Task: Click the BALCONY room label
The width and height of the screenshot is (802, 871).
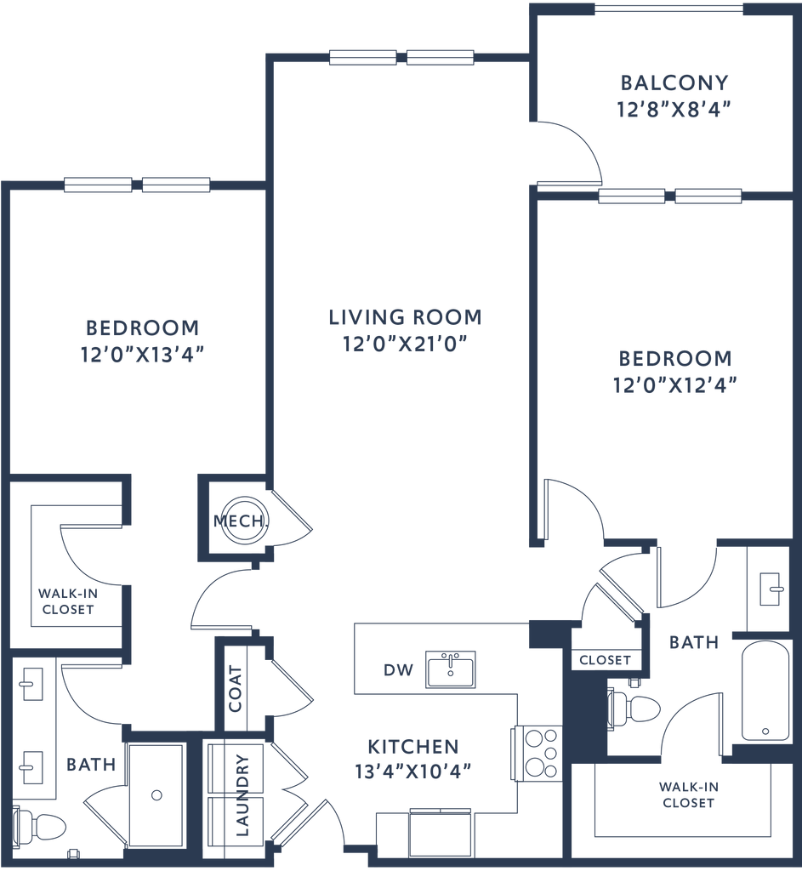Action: pyautogui.click(x=675, y=83)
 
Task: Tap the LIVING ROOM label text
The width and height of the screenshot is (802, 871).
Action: pyautogui.click(x=405, y=317)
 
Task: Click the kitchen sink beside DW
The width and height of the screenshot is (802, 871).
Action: pyautogui.click(x=450, y=669)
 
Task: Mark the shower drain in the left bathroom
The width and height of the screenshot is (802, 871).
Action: pyautogui.click(x=155, y=796)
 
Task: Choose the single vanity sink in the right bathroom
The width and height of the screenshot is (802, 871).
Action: pyautogui.click(x=771, y=588)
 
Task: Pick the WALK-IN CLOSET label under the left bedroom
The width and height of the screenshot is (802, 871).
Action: pyautogui.click(x=64, y=601)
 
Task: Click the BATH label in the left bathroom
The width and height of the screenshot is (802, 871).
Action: pyautogui.click(x=90, y=765)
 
